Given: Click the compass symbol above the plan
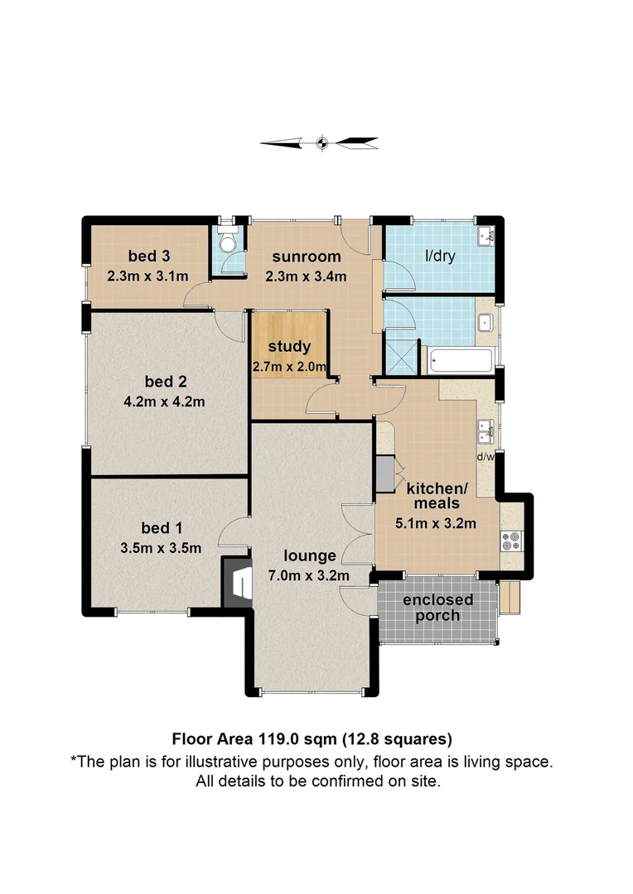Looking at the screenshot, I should coord(323,143).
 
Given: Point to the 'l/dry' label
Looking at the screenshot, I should coord(440,257).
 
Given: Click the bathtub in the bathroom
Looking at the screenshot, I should coord(460,360).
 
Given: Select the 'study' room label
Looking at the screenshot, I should coord(289,346).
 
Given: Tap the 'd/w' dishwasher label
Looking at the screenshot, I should coord(486,456).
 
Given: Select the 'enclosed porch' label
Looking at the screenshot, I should coord(438,608).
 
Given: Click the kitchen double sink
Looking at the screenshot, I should coord(486,430).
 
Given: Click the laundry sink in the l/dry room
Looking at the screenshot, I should coord(486,237).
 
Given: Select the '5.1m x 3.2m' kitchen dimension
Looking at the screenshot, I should coord(437,522).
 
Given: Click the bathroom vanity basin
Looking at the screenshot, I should coord(485,323).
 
